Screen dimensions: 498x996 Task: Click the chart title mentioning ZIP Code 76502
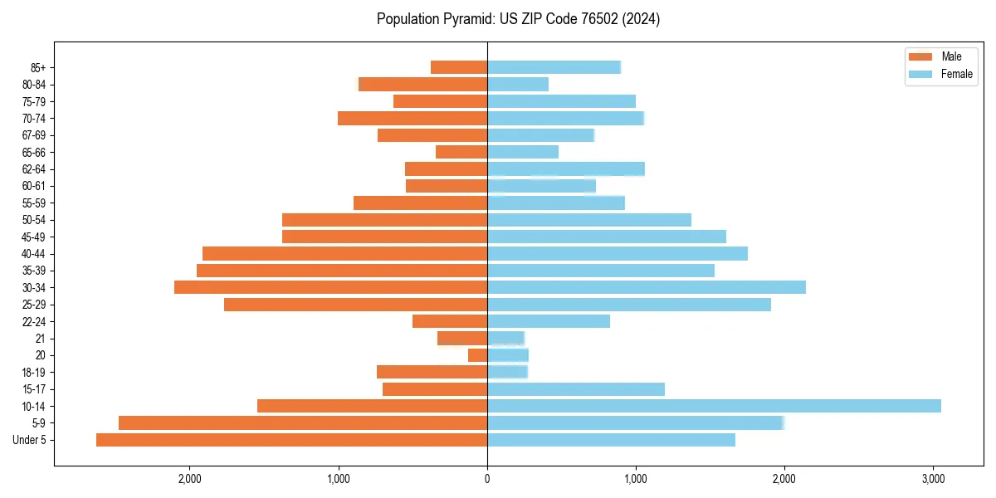518,19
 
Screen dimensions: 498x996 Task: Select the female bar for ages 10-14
714,406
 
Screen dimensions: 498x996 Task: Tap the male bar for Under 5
291,440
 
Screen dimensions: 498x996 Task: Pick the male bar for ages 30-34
330,287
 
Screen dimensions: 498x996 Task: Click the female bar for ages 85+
554,67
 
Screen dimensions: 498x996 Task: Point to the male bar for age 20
477,355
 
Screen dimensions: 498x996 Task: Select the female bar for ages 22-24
549,321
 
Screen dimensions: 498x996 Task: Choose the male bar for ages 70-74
413,118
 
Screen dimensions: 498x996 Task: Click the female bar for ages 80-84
518,84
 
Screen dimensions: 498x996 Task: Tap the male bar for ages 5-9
303,423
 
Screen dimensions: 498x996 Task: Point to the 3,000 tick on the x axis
933,479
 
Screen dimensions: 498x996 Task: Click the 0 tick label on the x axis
487,479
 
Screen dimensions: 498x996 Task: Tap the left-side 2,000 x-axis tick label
190,479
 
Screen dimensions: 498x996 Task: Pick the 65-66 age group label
34,152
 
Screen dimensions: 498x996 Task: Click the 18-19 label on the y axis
34,372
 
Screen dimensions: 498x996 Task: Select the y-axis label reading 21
41,339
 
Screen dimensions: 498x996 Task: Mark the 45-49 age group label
34,237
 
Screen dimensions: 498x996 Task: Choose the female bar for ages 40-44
618,253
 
